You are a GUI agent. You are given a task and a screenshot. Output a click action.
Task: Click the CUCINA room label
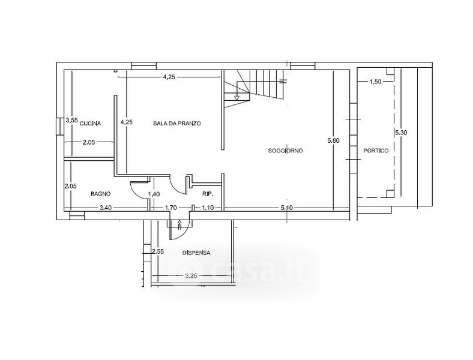point(90,124)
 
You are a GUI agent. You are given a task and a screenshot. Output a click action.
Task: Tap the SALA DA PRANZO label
point(176,124)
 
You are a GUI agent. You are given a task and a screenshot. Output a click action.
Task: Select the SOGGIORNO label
point(285,151)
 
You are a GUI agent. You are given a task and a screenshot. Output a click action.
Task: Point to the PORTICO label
point(376,151)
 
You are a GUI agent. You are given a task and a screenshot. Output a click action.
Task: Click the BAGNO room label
point(100,194)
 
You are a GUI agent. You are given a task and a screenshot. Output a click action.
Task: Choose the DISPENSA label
point(196,253)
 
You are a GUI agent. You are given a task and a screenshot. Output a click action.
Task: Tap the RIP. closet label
point(208,194)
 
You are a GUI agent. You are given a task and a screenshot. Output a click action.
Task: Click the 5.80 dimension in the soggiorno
point(333,140)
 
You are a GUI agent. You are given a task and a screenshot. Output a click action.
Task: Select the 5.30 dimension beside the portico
point(401,133)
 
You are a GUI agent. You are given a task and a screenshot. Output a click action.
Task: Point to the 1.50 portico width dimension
point(375,82)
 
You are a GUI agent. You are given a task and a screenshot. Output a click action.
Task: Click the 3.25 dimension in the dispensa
point(191,275)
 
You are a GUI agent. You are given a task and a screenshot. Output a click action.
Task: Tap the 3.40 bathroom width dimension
point(106,208)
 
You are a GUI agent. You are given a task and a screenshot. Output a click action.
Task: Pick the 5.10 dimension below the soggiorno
point(286,208)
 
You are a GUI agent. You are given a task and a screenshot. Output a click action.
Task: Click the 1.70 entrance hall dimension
point(170,208)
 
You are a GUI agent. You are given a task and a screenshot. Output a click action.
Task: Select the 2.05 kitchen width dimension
point(89,142)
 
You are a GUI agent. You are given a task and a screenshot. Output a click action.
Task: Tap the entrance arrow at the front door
point(180,224)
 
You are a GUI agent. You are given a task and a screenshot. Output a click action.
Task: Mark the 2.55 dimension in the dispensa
point(158,251)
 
